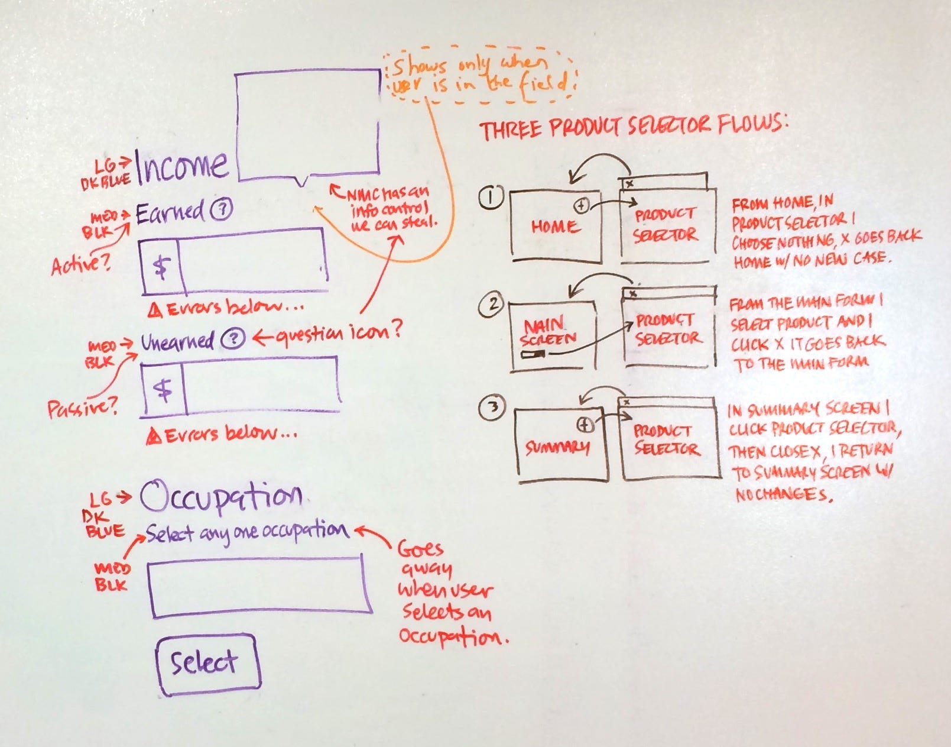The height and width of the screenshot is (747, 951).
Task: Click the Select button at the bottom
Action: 206,664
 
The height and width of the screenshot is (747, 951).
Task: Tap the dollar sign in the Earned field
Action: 160,267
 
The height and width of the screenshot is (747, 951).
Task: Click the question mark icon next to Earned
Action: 222,208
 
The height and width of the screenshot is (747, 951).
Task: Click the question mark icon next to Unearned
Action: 233,339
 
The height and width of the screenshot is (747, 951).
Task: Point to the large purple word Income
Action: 182,166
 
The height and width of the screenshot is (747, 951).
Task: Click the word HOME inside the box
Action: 553,227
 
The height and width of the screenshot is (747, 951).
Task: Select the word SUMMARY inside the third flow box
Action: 557,447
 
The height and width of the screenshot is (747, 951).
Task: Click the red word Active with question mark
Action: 81,264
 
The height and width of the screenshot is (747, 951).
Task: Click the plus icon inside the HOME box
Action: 582,205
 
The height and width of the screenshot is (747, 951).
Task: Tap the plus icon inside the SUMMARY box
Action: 584,424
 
